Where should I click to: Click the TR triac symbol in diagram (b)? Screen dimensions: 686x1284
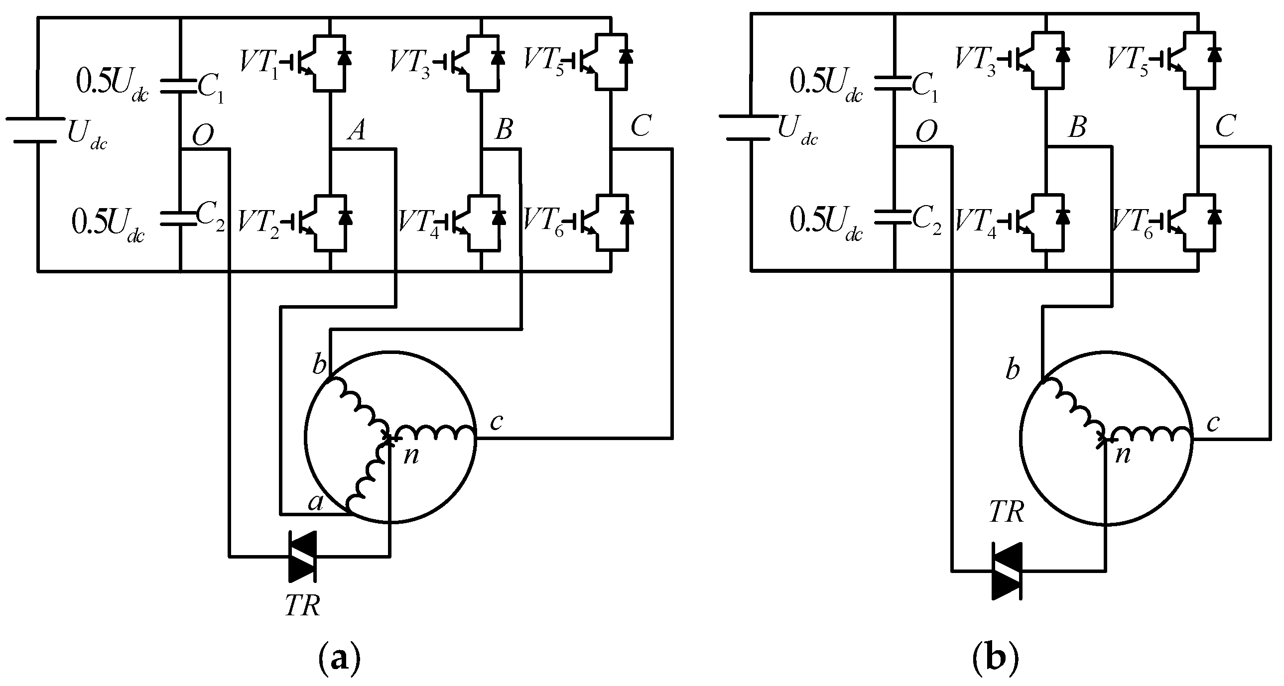pos(1008,571)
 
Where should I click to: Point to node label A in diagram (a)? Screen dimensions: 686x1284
pos(357,130)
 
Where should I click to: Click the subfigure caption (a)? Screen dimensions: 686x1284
pos(339,660)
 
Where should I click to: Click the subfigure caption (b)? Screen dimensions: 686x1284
pos(995,660)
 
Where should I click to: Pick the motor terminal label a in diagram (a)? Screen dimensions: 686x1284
pos(315,502)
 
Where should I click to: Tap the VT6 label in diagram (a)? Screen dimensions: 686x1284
pos(543,220)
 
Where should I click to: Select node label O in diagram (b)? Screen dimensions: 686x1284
pos(926,132)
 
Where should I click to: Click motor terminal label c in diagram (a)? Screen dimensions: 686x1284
pos(497,422)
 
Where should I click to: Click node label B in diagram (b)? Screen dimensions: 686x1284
pos(1077,128)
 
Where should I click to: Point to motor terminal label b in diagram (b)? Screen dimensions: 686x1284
pos(1013,370)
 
